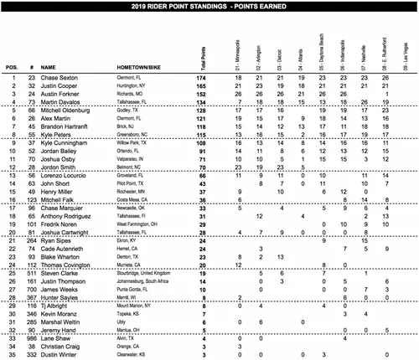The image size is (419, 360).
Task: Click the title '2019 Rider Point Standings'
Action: coord(209,5)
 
